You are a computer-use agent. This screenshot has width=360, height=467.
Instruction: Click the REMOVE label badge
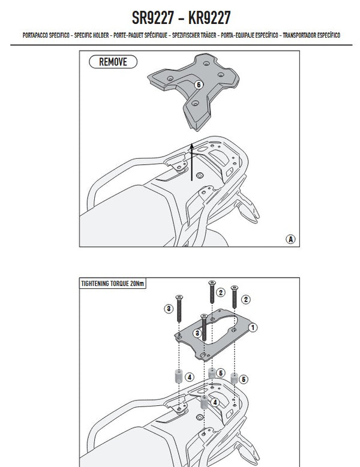pyautogui.click(x=112, y=62)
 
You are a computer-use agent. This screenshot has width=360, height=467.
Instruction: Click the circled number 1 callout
pyautogui.click(x=253, y=327)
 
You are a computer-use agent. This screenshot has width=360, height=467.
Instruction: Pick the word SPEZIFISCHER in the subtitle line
pyautogui.click(x=188, y=35)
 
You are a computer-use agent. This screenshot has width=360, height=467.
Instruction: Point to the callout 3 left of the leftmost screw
pyautogui.click(x=167, y=308)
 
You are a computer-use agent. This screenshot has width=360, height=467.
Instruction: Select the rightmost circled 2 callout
pyautogui.click(x=246, y=298)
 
